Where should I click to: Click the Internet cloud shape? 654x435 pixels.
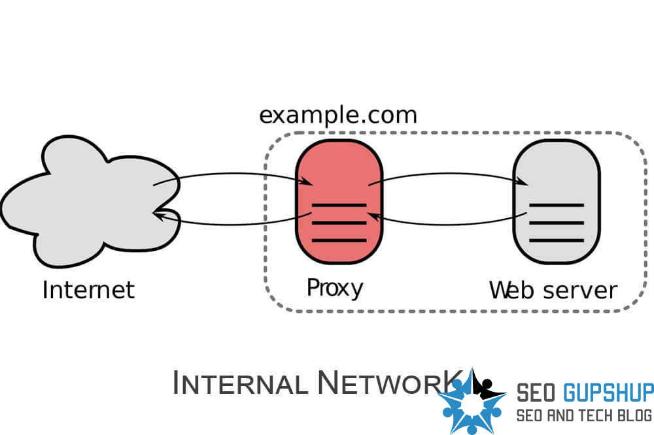pyautogui.click(x=85, y=202)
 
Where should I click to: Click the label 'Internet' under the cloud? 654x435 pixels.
pyautogui.click(x=88, y=289)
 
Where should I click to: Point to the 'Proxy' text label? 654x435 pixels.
pyautogui.click(x=335, y=287)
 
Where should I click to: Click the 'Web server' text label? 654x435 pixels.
pyautogui.click(x=553, y=289)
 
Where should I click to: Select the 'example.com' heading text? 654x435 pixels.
pyautogui.click(x=337, y=115)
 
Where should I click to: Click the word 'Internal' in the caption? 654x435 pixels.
pyautogui.click(x=240, y=383)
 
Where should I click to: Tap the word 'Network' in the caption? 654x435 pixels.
pyautogui.click(x=386, y=383)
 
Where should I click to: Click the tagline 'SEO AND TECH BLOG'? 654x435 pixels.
pyautogui.click(x=584, y=415)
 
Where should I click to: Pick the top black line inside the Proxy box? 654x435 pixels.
pyautogui.click(x=339, y=205)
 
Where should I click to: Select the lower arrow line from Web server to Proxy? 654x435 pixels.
pyautogui.click(x=445, y=223)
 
